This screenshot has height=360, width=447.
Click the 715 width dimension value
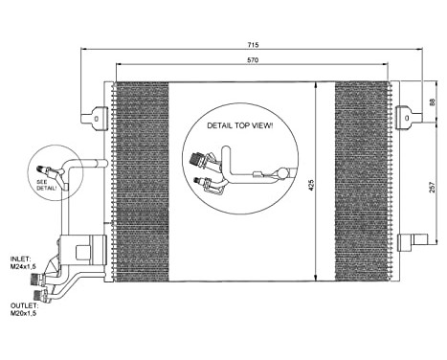click(252, 45)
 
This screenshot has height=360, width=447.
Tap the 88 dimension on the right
click(431, 102)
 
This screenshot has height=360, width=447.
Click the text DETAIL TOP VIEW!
click(239, 125)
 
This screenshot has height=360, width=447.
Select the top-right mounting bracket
click(407, 116)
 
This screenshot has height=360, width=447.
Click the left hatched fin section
click(141, 182)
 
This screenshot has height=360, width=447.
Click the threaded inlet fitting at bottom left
click(38, 281)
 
